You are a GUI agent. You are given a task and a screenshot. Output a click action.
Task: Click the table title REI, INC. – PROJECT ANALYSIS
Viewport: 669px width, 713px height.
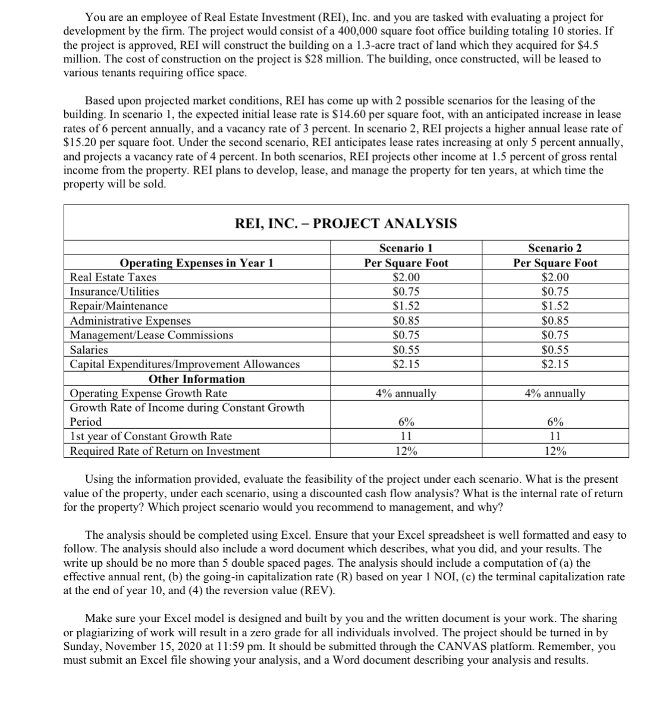point(346,224)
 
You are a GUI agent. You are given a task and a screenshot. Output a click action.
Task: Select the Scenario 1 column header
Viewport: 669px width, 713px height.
point(406,248)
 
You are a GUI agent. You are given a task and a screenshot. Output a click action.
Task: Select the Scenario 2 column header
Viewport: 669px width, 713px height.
point(555,248)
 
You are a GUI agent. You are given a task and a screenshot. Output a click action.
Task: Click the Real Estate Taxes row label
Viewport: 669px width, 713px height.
point(113,277)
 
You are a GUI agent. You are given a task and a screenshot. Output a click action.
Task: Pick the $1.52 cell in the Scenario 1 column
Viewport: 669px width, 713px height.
point(406,306)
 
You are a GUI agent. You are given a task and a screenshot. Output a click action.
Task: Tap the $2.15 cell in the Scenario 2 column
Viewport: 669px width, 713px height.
point(555,364)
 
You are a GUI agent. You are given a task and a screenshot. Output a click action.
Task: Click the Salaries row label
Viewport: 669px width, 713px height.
point(89,350)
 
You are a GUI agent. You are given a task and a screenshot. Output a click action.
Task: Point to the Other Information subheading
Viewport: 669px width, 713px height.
point(196,379)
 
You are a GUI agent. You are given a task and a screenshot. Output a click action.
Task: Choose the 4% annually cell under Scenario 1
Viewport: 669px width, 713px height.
point(406,393)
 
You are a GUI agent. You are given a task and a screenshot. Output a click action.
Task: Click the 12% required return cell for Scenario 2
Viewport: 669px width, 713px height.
point(555,451)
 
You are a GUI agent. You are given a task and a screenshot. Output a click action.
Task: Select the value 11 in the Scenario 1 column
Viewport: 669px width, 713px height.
point(406,436)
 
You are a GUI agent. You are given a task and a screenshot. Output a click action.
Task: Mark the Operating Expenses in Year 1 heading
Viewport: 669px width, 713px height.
point(196,263)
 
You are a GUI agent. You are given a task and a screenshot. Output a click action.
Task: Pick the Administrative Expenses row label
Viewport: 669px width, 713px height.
point(130,321)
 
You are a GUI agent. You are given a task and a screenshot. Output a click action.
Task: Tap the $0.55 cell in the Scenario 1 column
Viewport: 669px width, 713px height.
point(406,350)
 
